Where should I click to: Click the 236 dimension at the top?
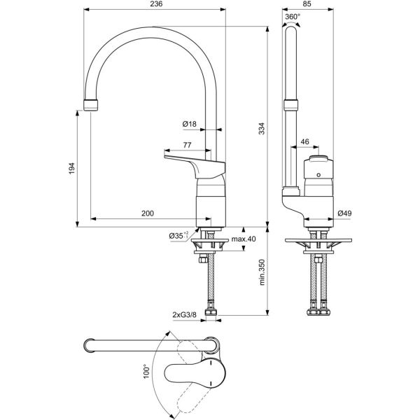point(156,5)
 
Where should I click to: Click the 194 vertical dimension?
point(71,169)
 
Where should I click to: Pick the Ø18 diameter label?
point(190,124)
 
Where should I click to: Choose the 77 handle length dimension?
point(187,145)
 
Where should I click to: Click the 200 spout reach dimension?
point(148,213)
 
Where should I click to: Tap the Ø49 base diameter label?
point(344,213)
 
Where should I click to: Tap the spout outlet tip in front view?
point(92,106)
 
